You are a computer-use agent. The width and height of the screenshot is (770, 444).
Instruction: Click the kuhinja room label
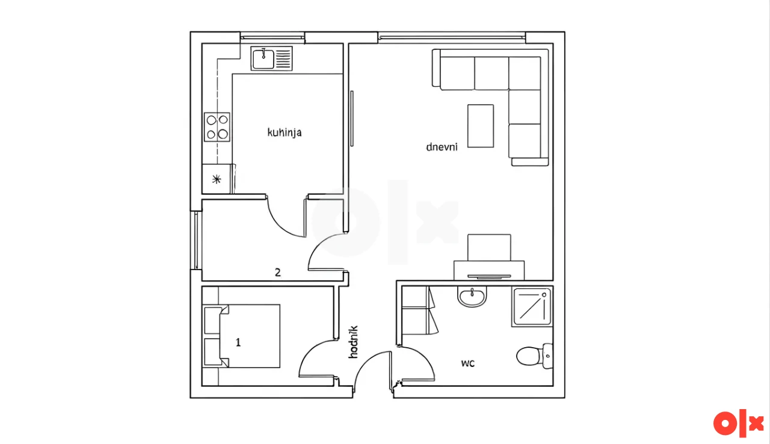[x=285, y=132]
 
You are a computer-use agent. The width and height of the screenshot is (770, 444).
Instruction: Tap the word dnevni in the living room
[x=442, y=147]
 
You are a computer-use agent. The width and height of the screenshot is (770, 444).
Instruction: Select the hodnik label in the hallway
[x=353, y=342]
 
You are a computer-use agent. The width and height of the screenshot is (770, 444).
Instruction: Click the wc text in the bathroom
[x=468, y=363]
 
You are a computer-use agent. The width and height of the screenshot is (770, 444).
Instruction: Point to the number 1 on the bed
[x=238, y=342]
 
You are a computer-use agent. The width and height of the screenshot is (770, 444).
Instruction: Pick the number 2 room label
[x=278, y=273]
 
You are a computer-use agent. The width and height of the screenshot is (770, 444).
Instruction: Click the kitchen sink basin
[x=263, y=59]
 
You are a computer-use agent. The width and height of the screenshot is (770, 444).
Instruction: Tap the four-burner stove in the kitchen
[x=217, y=127]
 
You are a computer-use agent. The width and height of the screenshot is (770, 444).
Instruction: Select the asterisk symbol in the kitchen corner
[x=217, y=179]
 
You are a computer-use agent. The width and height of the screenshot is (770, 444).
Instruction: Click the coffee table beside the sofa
[x=481, y=126]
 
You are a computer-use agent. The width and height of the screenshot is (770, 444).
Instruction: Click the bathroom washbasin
[x=472, y=297]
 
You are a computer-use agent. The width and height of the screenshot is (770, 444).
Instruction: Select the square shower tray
[x=532, y=307]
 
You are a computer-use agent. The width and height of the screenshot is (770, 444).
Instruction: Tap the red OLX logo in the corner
[x=738, y=423]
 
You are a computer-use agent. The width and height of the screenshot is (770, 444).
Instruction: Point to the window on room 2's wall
[x=196, y=240]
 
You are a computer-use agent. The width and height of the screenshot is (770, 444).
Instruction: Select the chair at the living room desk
[x=489, y=247]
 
